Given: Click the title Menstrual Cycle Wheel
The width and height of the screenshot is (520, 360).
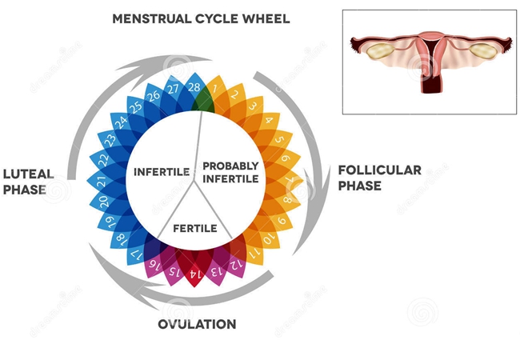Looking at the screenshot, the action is click(x=201, y=19).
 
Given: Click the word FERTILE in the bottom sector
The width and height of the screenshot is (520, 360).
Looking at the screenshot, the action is click(x=195, y=228).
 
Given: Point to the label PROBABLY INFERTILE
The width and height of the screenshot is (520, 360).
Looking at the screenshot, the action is click(x=230, y=172).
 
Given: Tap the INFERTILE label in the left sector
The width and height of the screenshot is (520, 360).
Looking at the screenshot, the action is click(x=162, y=172).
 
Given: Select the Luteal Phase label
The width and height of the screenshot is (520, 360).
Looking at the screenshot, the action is click(x=28, y=182).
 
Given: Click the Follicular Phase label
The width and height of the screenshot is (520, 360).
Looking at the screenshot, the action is click(x=380, y=178).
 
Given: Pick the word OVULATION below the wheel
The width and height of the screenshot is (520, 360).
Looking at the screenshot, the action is click(x=197, y=324).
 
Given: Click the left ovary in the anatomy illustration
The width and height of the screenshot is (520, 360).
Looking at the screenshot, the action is click(x=380, y=51).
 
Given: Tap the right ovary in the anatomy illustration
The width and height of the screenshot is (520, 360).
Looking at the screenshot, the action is click(x=483, y=51).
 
